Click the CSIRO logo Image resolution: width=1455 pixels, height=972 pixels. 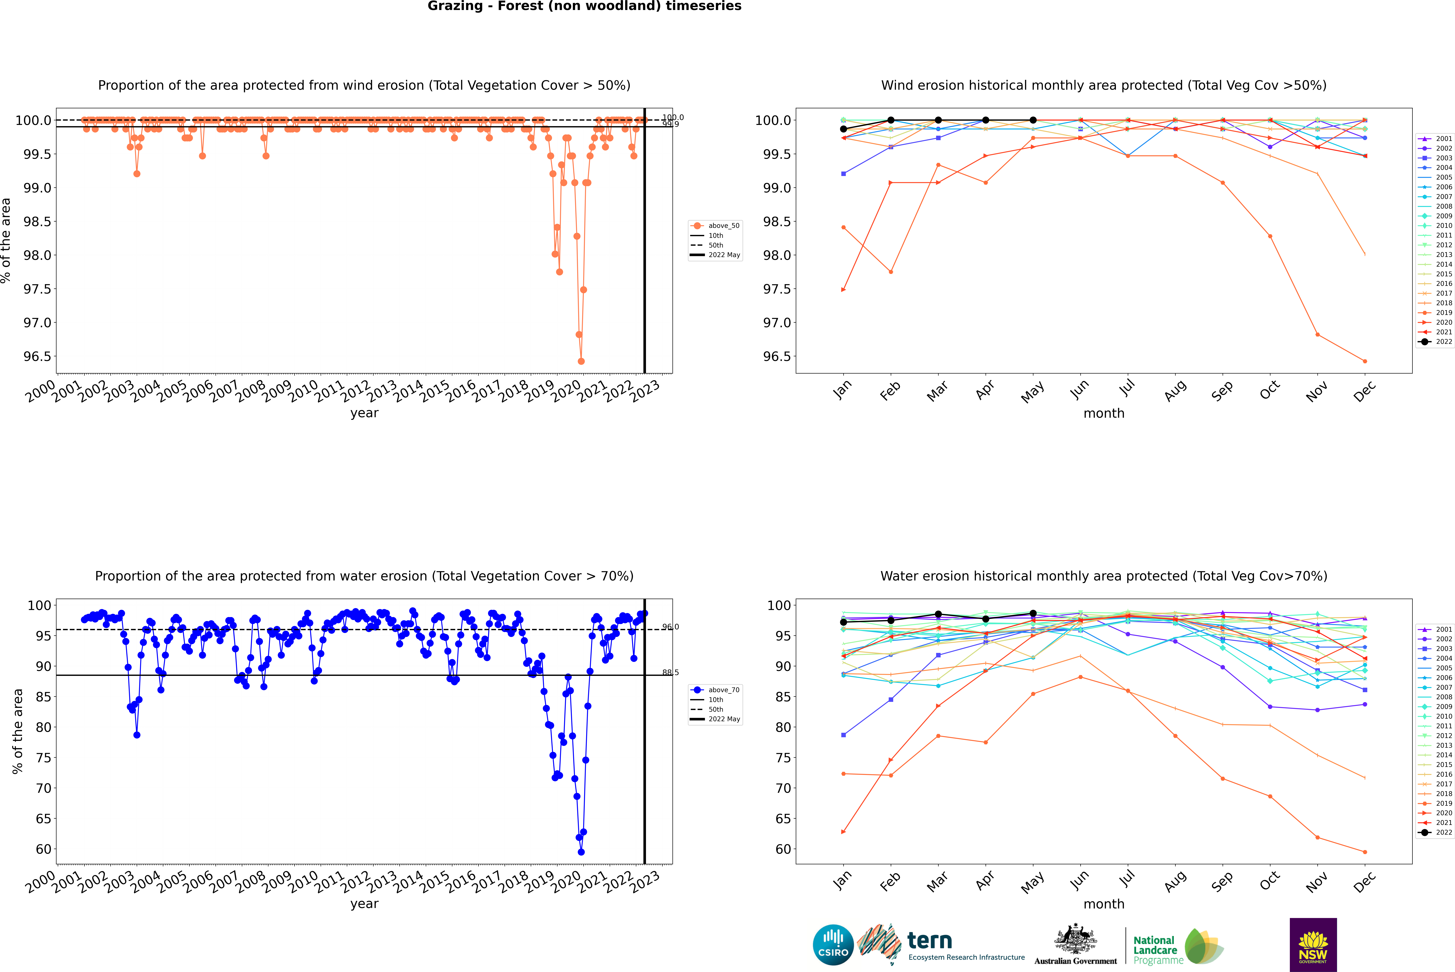pyautogui.click(x=833, y=945)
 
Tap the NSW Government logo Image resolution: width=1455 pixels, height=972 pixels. pyautogui.click(x=1313, y=945)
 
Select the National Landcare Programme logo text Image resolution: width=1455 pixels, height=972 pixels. pyautogui.click(x=1155, y=950)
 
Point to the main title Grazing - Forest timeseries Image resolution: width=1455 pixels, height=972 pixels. pyautogui.click(x=584, y=6)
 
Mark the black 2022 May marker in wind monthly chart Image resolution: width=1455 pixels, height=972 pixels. pyautogui.click(x=1033, y=120)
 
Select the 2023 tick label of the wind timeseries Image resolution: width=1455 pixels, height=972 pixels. pyautogui.click(x=646, y=391)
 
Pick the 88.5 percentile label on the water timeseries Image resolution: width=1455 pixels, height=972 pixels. pyautogui.click(x=670, y=673)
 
